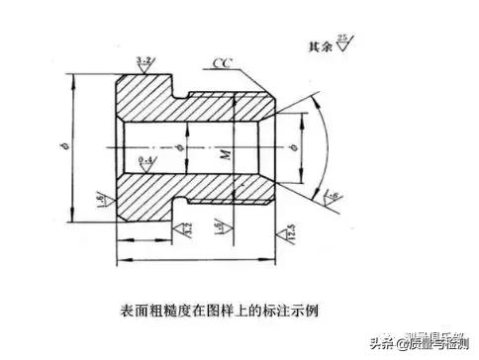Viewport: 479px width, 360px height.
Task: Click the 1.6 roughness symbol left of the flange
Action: tap(103, 199)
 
